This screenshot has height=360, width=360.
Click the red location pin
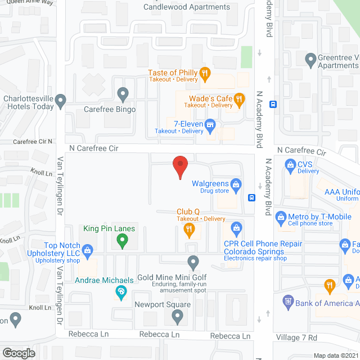click(x=179, y=165)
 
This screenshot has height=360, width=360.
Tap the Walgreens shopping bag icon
click(x=236, y=184)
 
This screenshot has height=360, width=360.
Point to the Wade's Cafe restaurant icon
click(x=239, y=99)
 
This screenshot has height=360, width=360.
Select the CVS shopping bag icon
click(x=290, y=165)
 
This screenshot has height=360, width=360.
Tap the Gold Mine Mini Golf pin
click(x=193, y=261)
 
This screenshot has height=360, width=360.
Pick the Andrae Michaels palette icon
click(x=120, y=291)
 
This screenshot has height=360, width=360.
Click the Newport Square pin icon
click(x=178, y=317)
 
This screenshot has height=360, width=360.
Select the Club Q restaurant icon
click(x=188, y=228)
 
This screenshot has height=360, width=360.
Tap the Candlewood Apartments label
click(x=187, y=7)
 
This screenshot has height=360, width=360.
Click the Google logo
click(x=19, y=353)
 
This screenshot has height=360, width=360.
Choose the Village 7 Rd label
click(x=298, y=337)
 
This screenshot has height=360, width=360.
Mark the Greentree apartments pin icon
click(x=310, y=58)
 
